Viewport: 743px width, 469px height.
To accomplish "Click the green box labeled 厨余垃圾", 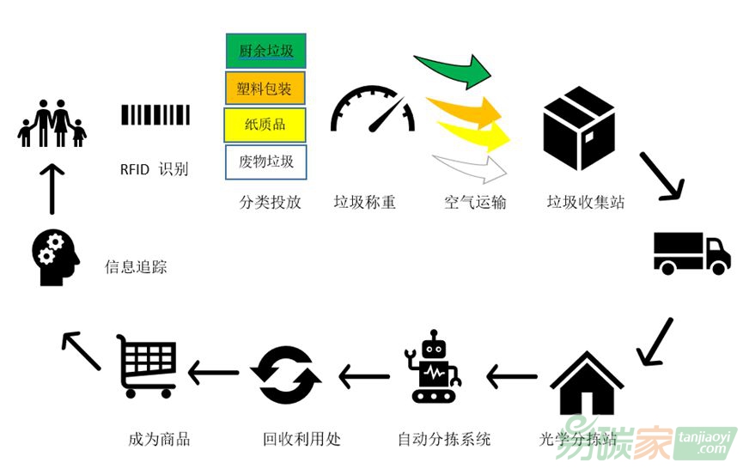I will coord(265,51).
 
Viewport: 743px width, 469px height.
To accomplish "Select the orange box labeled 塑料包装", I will coord(265,88).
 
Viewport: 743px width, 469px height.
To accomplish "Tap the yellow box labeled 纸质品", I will coord(265,125).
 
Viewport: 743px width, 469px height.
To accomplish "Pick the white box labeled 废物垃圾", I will coord(265,161).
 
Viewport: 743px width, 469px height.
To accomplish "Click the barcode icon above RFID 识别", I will coord(155,115).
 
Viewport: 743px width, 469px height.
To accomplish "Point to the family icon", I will coord(52,124).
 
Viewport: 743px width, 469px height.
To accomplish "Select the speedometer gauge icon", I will coord(373,110).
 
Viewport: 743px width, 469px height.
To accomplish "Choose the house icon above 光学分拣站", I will coord(586,384).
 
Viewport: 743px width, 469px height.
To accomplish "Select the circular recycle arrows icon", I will coord(286,375).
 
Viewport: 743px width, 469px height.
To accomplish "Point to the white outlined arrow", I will coord(471,167).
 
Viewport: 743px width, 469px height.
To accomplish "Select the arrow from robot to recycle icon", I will coord(363,375).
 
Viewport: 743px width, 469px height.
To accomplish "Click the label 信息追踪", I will coord(136,267).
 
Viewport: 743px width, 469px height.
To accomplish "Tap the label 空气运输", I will coord(475,203).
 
